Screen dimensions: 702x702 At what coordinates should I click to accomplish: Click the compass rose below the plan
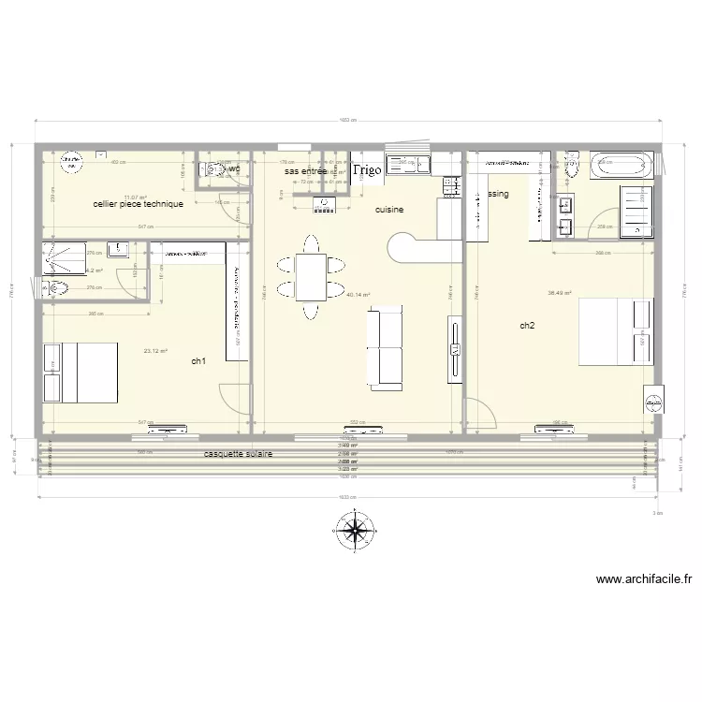pos(355,532)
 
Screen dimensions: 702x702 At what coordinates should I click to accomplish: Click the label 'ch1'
pos(198,362)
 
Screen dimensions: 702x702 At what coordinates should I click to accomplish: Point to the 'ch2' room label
pos(527,326)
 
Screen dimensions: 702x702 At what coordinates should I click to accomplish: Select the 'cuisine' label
pos(389,211)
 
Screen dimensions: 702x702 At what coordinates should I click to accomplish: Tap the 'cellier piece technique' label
pos(138,204)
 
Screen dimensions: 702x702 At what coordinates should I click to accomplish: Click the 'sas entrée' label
pos(305,171)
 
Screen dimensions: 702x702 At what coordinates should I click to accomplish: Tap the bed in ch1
pos(82,372)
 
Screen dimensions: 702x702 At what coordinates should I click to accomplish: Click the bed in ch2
pos(616,331)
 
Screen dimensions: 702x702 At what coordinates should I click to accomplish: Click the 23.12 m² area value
pos(155,351)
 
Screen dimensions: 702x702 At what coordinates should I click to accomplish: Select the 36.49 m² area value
pos(560,293)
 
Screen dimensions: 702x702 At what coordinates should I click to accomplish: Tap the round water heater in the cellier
pos(70,166)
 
